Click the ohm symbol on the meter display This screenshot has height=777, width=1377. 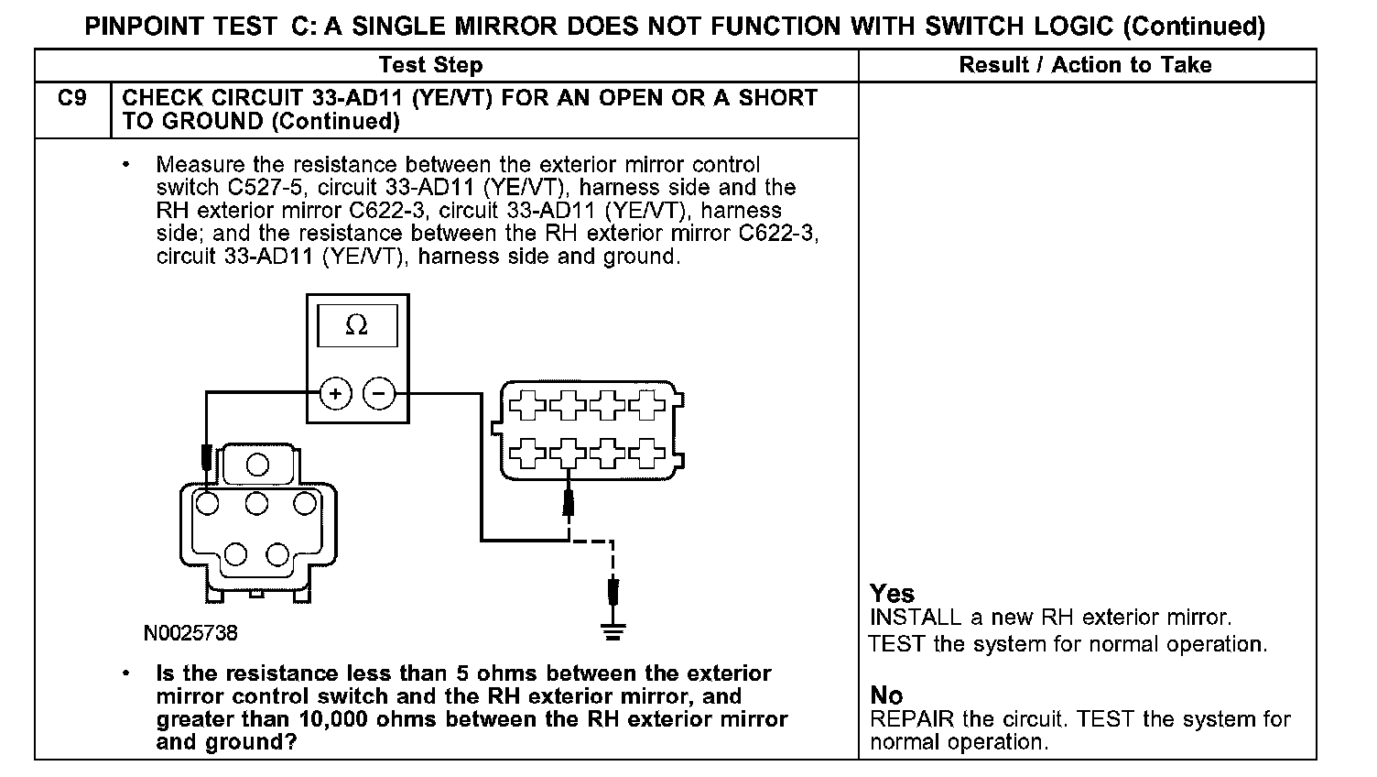[356, 326]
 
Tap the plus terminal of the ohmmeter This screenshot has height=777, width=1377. [336, 395]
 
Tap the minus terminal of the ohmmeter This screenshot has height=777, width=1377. [379, 395]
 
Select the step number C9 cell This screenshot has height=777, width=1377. [72, 98]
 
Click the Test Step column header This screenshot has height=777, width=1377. [430, 65]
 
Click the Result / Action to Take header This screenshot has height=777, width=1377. [1085, 65]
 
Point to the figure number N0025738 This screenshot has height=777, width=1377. [190, 633]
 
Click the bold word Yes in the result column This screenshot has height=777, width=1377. [892, 594]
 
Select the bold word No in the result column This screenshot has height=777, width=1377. [885, 695]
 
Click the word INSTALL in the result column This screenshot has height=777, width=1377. [916, 618]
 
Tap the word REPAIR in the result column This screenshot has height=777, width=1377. [912, 719]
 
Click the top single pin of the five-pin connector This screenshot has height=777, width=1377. [257, 465]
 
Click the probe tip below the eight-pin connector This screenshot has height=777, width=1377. [568, 501]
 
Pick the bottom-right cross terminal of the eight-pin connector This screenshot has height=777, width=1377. [649, 450]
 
